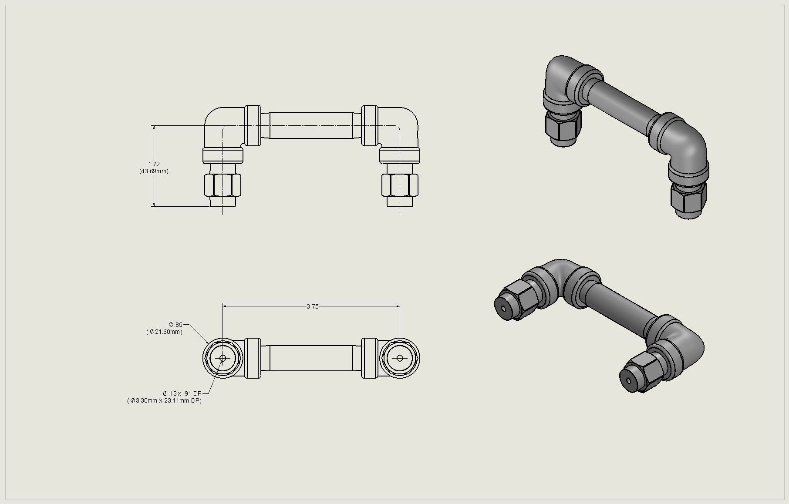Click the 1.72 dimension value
coord(154,164)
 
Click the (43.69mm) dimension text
coord(154,171)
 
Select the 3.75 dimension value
coord(312,306)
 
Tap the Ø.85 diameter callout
coord(176,325)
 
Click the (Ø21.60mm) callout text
coord(164,332)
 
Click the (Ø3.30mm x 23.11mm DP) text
coord(164,400)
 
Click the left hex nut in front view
coord(222,185)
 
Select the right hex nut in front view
coord(400,185)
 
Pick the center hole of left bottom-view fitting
coord(223,358)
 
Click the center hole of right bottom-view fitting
coord(400,358)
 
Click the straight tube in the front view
coord(311,126)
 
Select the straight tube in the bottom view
coord(311,358)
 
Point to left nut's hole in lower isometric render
coord(503,309)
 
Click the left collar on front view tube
coord(253,125)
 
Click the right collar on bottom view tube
coord(369,358)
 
